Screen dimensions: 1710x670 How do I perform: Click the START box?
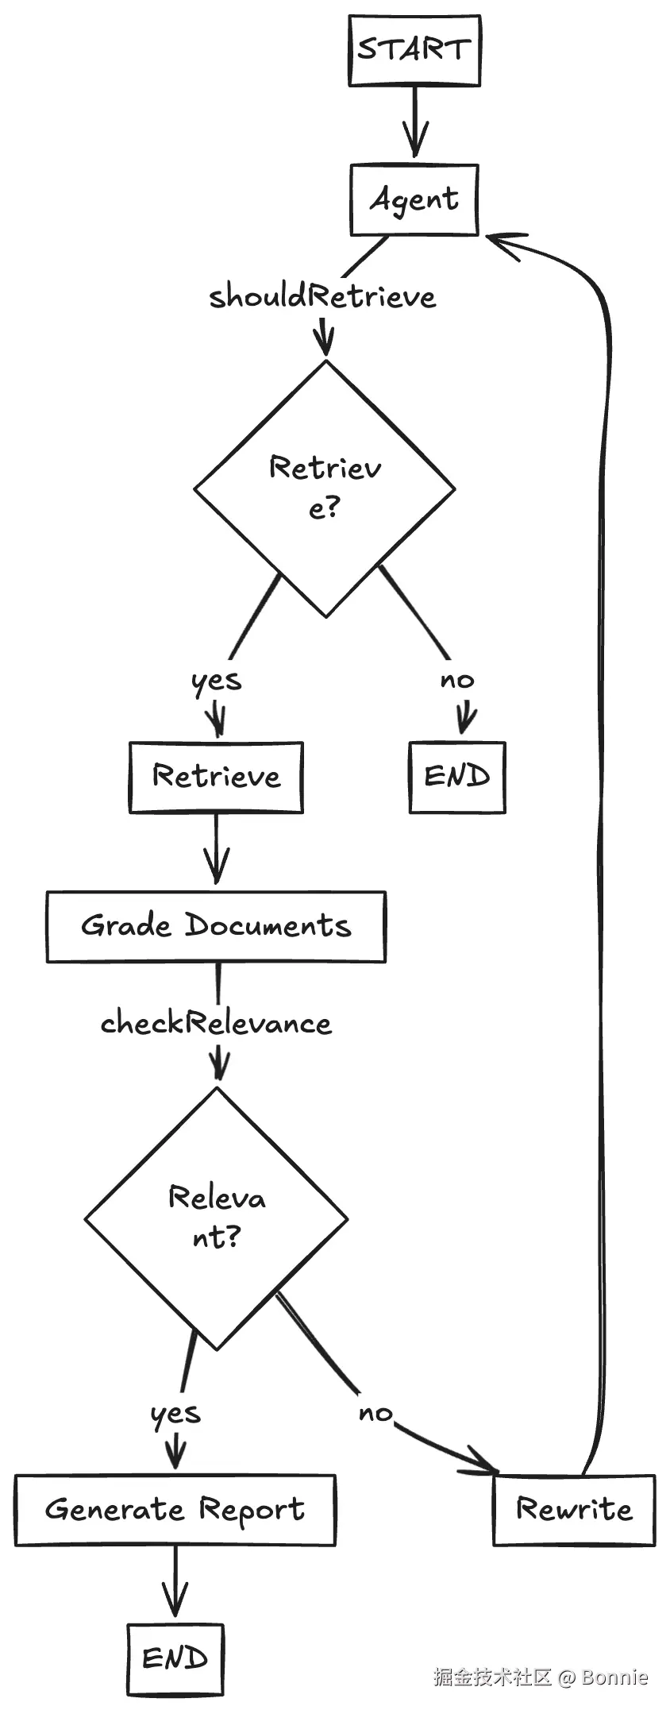click(414, 51)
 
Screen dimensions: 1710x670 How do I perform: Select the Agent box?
click(414, 200)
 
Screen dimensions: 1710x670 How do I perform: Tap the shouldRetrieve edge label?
click(322, 296)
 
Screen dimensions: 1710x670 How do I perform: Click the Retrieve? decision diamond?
click(325, 488)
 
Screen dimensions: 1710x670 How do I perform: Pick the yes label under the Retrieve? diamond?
click(216, 681)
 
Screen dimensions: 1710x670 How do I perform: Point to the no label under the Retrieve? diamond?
click(457, 680)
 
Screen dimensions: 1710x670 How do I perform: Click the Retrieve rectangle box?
click(216, 777)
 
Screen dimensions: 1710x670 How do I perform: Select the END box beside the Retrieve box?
click(457, 777)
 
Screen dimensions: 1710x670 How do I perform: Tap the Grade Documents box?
click(216, 926)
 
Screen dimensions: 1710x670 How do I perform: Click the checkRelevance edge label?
click(216, 1023)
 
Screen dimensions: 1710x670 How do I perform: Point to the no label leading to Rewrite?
click(375, 1413)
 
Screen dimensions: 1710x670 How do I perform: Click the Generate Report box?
click(175, 1510)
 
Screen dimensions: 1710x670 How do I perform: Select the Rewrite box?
click(574, 1510)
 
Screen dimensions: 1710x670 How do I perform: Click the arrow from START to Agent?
click(414, 123)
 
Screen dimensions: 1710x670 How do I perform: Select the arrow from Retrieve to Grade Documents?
click(216, 850)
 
